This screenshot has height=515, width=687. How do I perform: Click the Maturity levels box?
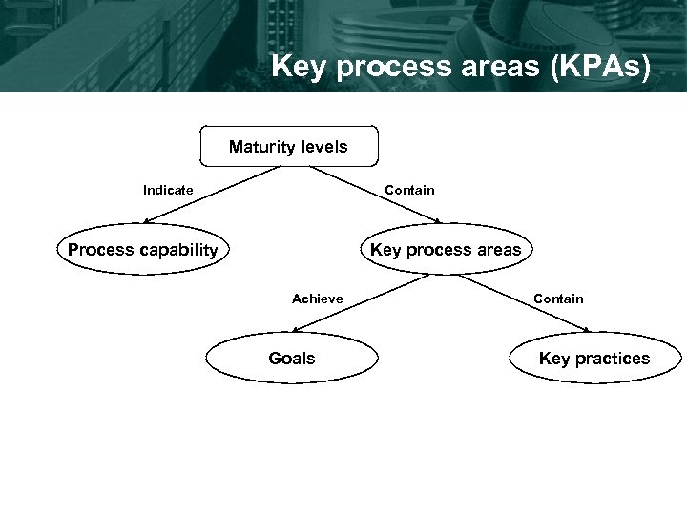pyautogui.click(x=288, y=147)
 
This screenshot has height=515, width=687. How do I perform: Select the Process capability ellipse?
pyautogui.click(x=143, y=251)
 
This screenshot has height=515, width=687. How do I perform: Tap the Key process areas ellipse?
pyautogui.click(x=446, y=251)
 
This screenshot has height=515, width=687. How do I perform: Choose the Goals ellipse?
pyautogui.click(x=292, y=359)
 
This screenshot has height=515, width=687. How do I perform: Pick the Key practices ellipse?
pyautogui.click(x=594, y=359)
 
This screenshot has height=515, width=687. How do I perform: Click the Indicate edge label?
pyautogui.click(x=168, y=190)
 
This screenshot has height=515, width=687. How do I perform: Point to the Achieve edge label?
pyautogui.click(x=318, y=299)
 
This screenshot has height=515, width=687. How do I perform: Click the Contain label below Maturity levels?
pyautogui.click(x=409, y=190)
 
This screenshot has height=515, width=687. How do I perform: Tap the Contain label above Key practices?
pyautogui.click(x=558, y=299)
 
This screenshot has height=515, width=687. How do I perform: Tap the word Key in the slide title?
pyautogui.click(x=295, y=67)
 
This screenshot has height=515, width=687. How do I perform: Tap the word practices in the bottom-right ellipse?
pyautogui.click(x=613, y=359)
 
